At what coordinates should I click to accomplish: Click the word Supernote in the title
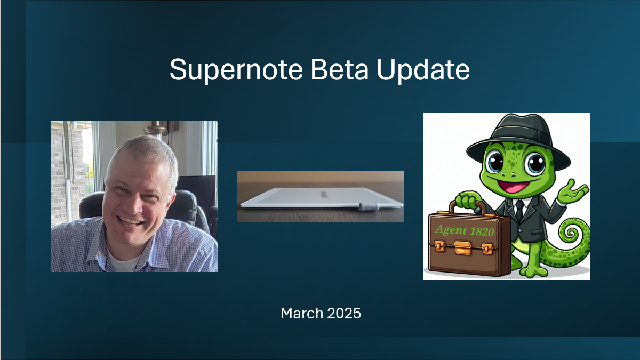coord(236,70)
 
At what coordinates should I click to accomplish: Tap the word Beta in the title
coord(339,70)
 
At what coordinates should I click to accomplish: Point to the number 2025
coord(344,314)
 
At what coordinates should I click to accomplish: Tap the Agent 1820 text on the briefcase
coord(465,230)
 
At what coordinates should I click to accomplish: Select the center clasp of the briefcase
coord(463,247)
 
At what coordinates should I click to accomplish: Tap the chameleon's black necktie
coord(519,210)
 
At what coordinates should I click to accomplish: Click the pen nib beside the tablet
coord(369,206)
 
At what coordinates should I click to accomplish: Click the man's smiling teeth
coord(130,221)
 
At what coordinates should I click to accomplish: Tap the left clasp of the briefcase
coord(439,246)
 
